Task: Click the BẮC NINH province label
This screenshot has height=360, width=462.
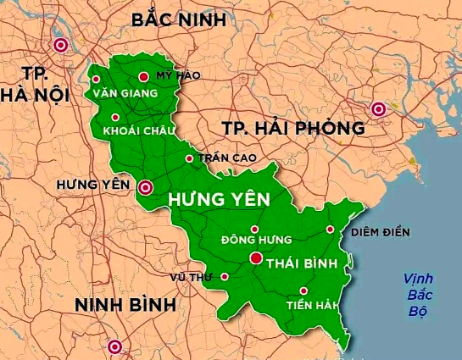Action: [179, 19]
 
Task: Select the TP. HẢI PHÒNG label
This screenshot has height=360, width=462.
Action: [293, 129]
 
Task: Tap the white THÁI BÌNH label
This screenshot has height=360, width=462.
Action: [302, 263]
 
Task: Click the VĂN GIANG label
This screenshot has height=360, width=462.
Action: [126, 91]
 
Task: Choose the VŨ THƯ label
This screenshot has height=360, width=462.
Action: [190, 277]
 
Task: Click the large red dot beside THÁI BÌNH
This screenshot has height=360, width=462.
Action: [255, 259]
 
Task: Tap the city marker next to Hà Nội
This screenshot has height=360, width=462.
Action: [60, 46]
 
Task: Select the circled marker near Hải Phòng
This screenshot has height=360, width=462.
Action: [378, 108]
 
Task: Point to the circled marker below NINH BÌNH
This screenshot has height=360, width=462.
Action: [114, 346]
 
